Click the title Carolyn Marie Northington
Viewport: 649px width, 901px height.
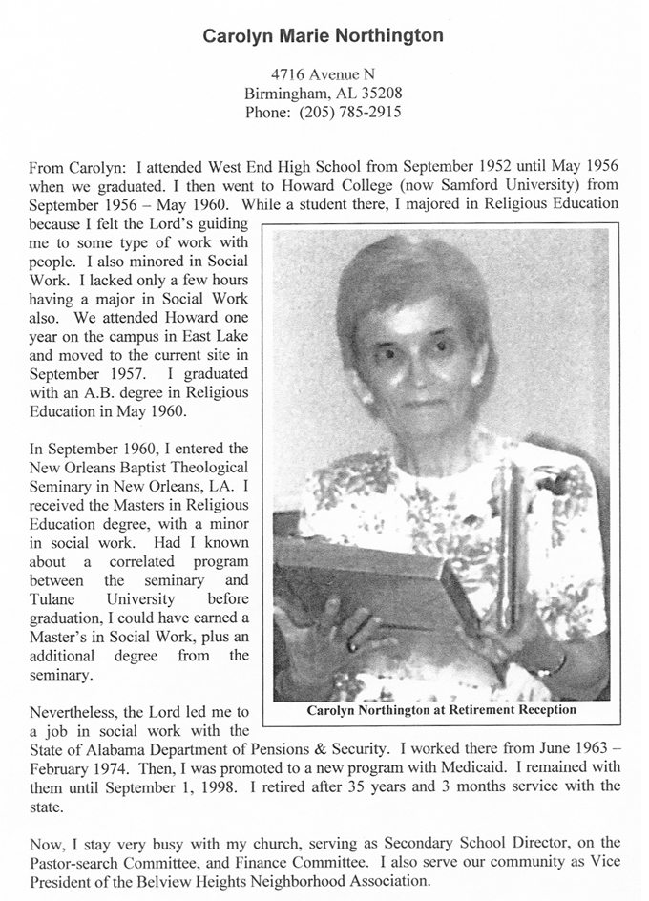coord(323,35)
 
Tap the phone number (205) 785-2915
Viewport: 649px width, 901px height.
coord(350,112)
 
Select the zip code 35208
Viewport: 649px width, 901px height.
coord(380,94)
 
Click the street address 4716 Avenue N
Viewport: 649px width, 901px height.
coord(323,74)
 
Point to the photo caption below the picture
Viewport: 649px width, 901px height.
coord(441,710)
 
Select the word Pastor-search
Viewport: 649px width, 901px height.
coord(77,862)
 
